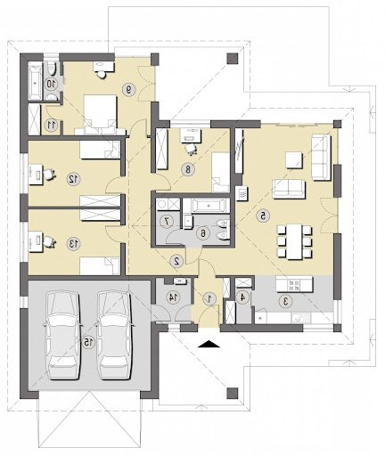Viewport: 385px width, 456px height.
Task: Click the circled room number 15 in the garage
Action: [x=88, y=343]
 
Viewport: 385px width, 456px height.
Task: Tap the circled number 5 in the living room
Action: [x=263, y=216]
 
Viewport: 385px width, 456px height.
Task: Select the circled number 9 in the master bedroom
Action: [x=129, y=89]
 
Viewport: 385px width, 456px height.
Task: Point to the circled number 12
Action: [x=73, y=179]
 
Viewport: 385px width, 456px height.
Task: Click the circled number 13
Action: [x=73, y=244]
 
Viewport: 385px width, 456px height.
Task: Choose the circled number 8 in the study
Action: [x=188, y=169]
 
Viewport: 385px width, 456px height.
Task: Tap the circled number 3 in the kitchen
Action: [x=286, y=301]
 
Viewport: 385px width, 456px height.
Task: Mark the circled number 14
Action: [x=173, y=297]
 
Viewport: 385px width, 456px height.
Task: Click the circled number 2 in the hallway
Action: [x=176, y=261]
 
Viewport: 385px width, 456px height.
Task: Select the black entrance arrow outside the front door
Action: [x=209, y=344]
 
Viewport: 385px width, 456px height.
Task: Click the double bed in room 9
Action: [x=101, y=115]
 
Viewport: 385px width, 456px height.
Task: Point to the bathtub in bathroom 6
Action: [x=208, y=205]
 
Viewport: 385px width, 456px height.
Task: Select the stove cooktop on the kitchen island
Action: [x=294, y=285]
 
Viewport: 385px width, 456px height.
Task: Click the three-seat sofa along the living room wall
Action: [x=321, y=157]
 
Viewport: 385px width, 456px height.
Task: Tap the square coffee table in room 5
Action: [x=294, y=160]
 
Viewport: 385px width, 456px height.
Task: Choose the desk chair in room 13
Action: [x=49, y=242]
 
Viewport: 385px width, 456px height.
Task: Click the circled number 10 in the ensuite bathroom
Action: [x=52, y=84]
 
